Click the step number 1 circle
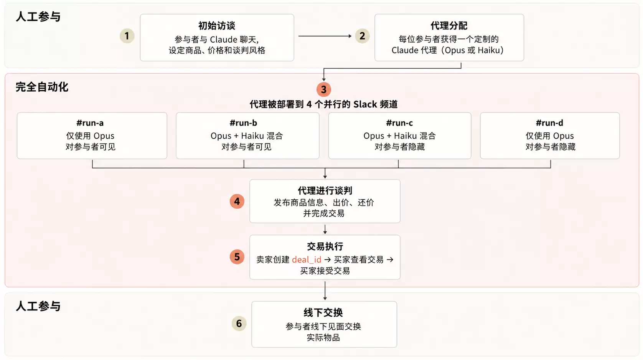(127, 36)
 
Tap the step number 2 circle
(362, 36)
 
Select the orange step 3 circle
(324, 89)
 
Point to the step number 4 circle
(237, 201)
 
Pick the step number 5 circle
(237, 257)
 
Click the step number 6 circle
(239, 324)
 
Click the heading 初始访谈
(217, 26)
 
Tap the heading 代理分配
(449, 26)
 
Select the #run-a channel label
(90, 123)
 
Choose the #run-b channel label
(244, 123)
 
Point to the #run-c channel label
(399, 123)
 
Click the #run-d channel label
(549, 123)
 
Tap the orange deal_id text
(307, 260)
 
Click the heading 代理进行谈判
(325, 191)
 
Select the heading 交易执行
(325, 246)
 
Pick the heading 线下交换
(323, 312)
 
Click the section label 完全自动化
(42, 87)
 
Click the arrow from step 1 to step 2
(325, 36)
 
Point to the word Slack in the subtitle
(365, 104)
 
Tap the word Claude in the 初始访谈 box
(224, 39)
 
